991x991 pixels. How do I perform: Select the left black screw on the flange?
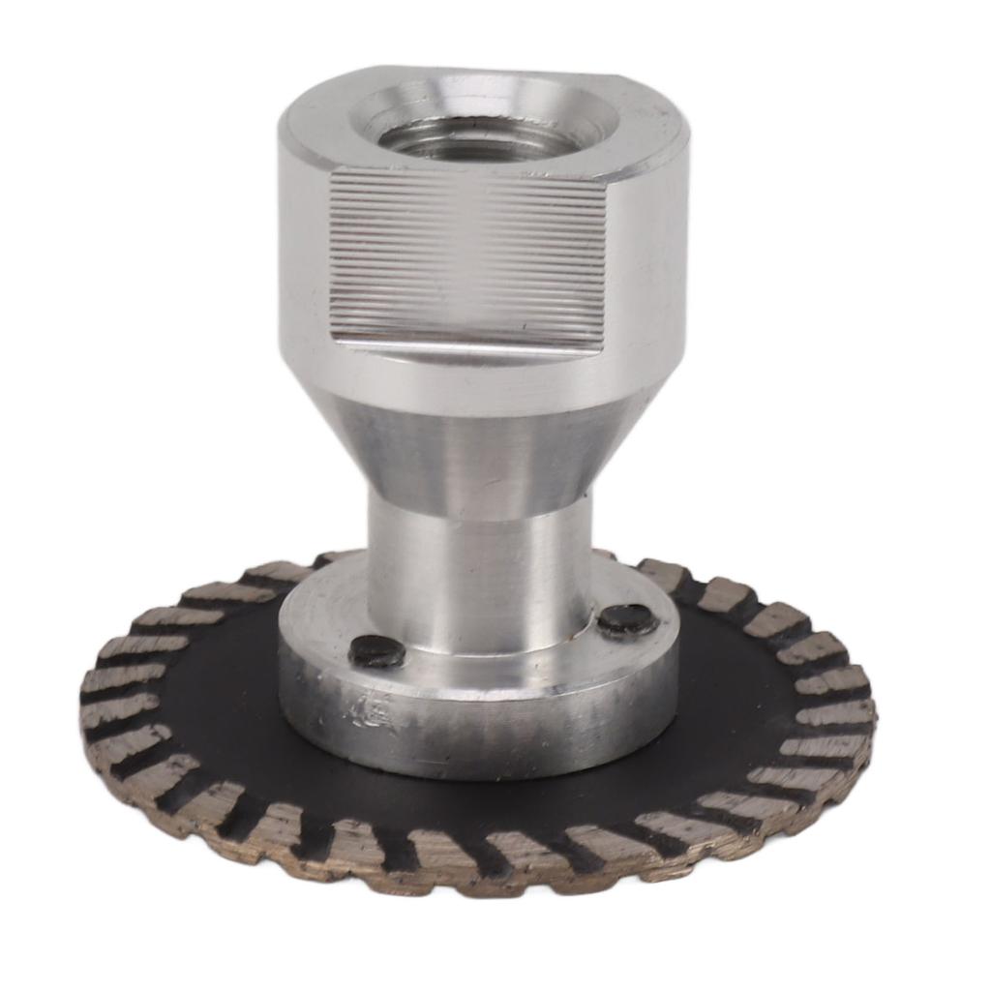coord(376,651)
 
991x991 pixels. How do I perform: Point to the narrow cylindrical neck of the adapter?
coord(479,571)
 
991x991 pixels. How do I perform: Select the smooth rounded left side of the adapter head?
coord(302,261)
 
